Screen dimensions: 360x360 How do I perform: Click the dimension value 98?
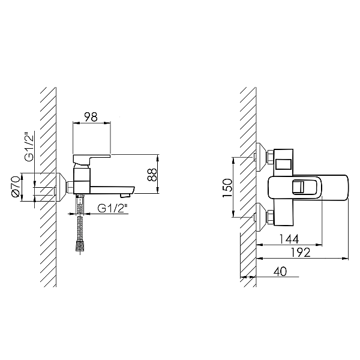91,117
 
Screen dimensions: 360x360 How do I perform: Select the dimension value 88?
152,175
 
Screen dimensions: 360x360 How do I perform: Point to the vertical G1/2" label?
29,147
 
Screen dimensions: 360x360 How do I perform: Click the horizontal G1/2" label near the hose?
113,208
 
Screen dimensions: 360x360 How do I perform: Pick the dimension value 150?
227,188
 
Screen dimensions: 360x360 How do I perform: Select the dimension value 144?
289,239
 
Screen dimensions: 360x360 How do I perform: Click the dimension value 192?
301,253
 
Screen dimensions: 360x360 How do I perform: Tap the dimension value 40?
280,271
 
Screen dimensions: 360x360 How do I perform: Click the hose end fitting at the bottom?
80,247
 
